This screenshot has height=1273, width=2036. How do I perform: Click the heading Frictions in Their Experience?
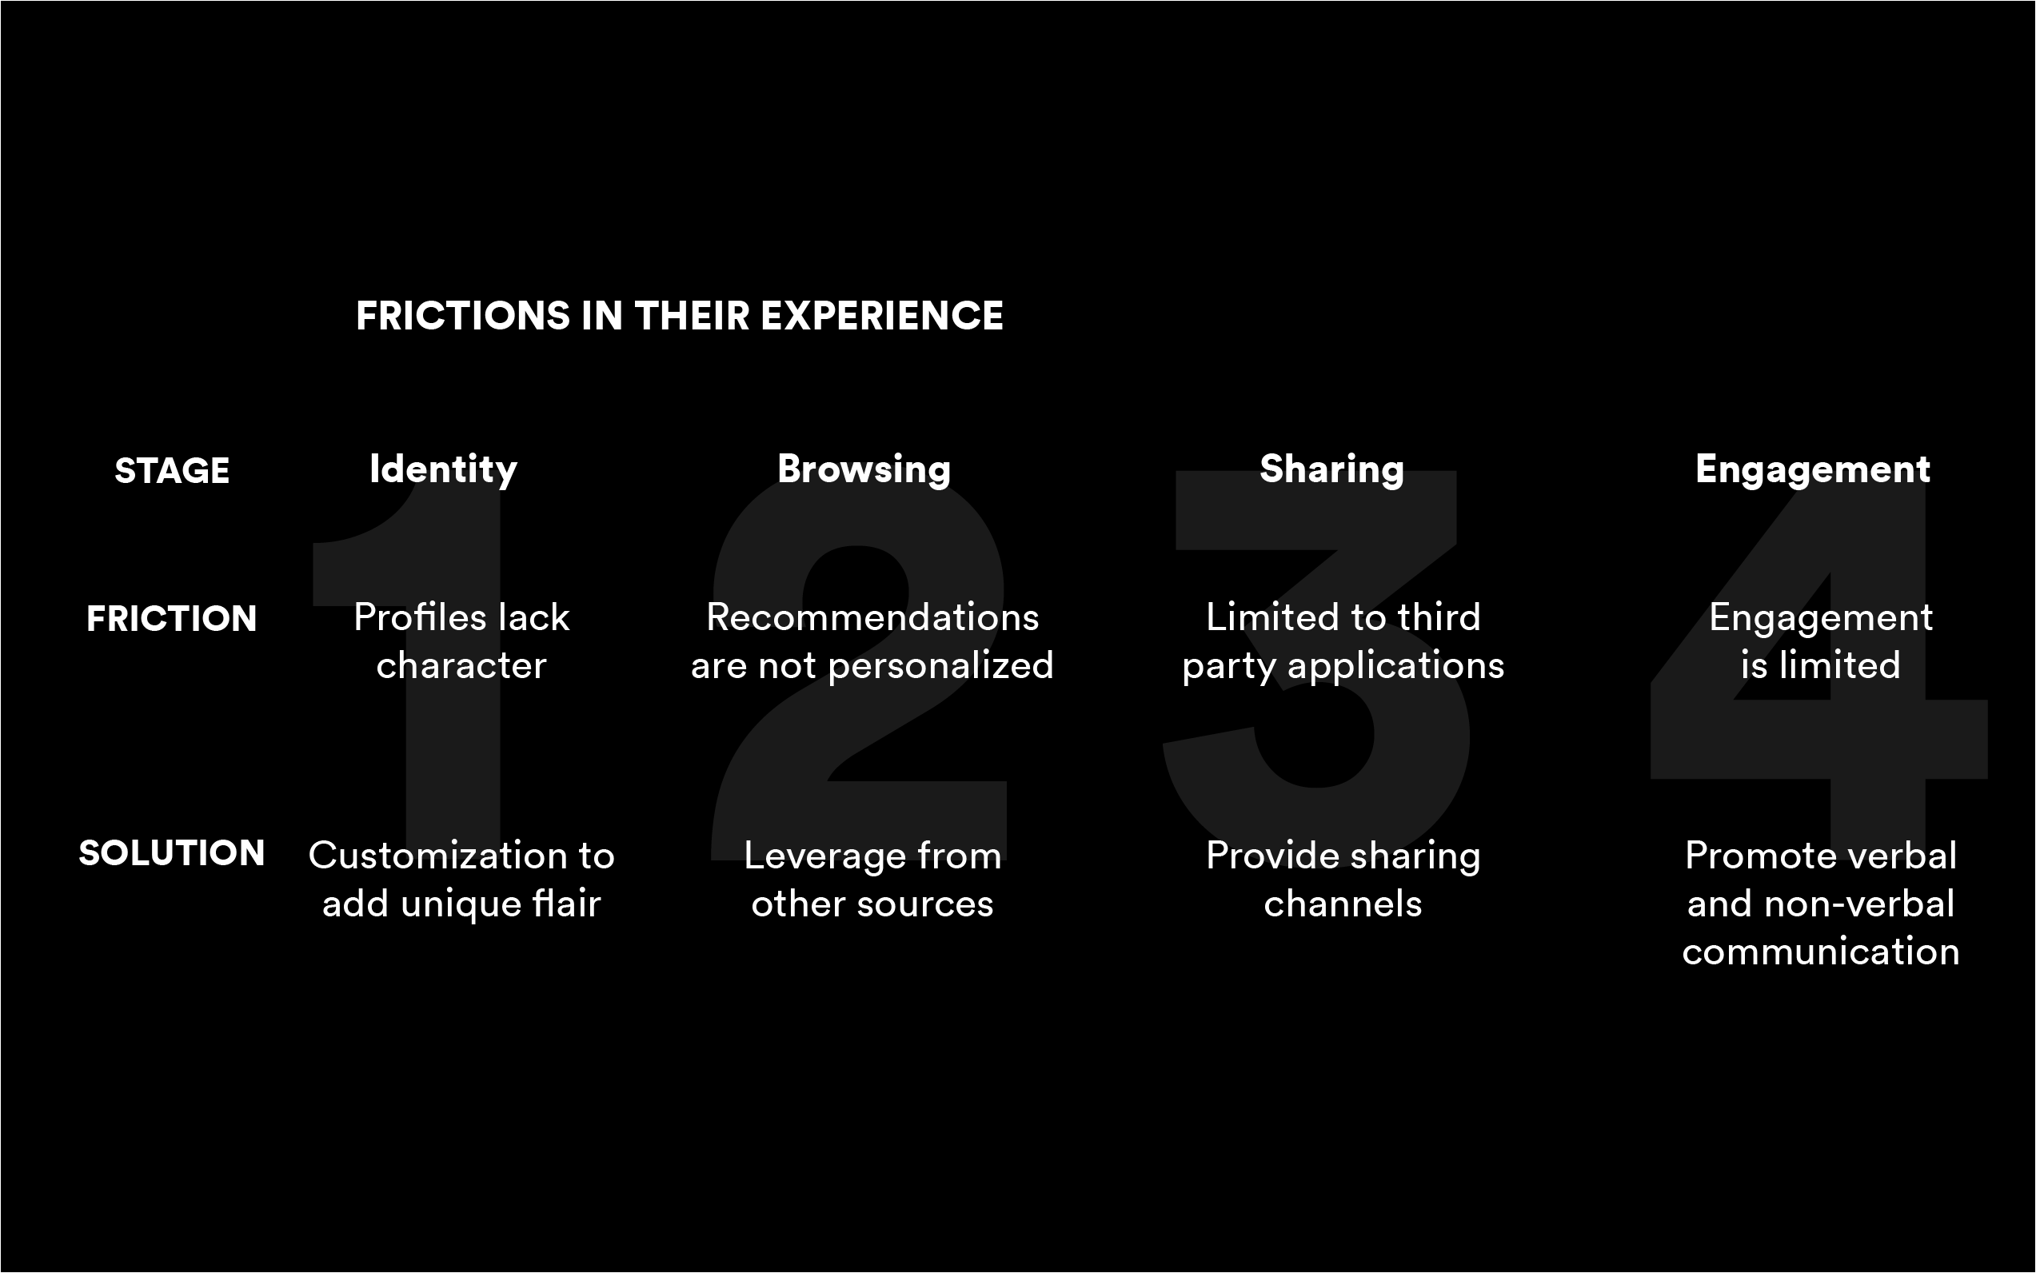coord(680,316)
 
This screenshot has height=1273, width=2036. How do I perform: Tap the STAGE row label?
coord(172,471)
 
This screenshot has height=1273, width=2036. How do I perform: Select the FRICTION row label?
coord(172,619)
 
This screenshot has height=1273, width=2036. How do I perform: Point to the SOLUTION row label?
coord(172,853)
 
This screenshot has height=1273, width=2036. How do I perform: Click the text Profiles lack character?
coord(461,641)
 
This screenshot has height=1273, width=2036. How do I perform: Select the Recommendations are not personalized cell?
coord(872,641)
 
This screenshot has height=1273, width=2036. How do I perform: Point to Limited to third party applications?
coord(1343,641)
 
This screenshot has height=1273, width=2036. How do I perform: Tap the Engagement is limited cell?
coord(1820,641)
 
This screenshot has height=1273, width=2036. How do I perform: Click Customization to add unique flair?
coord(461,880)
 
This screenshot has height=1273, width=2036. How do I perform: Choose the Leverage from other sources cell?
coord(872,880)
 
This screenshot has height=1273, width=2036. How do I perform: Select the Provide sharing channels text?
coord(1343,880)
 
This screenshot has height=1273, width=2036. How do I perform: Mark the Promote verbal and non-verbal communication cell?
coord(1820,904)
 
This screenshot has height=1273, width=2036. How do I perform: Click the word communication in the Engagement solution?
coord(1820,952)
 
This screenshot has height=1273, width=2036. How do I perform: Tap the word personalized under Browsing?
coord(940,666)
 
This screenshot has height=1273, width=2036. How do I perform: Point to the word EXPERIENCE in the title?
coord(881,316)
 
